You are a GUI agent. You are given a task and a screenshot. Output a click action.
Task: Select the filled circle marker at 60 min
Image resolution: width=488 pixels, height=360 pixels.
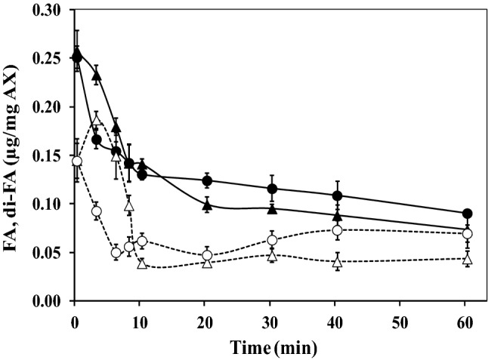468,214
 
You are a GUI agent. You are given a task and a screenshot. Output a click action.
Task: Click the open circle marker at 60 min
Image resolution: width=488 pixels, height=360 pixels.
468,234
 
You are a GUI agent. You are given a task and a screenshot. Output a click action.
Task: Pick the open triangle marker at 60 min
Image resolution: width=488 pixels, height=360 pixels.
468,259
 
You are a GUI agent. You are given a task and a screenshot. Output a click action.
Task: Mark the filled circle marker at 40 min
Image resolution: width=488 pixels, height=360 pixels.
337,196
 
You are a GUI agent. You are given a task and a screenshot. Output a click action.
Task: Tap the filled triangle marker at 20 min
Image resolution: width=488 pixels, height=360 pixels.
207,205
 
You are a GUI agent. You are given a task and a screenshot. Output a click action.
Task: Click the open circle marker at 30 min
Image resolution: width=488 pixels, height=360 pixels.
272,240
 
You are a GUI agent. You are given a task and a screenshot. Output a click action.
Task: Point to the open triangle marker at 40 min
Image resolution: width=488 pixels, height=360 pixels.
337,262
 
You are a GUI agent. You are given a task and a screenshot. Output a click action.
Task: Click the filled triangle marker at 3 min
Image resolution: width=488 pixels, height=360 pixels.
96,76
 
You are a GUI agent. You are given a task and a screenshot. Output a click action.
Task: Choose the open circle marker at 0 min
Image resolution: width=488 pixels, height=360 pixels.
76,162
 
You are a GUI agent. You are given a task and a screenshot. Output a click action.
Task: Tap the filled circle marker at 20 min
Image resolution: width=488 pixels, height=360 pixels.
207,180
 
